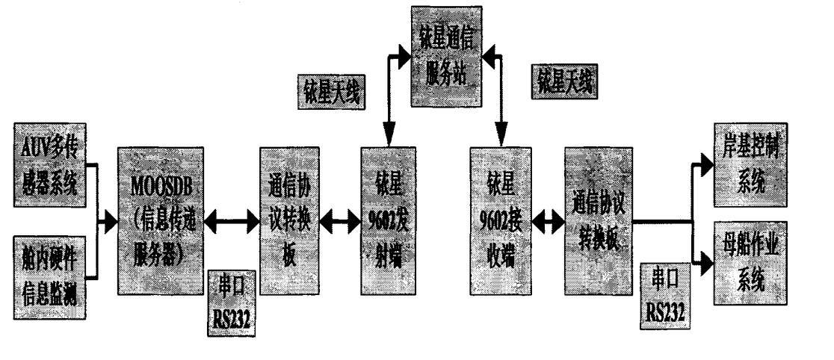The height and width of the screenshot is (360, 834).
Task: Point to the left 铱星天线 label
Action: coord(330,95)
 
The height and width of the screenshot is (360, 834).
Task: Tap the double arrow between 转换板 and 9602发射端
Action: coord(339,222)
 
